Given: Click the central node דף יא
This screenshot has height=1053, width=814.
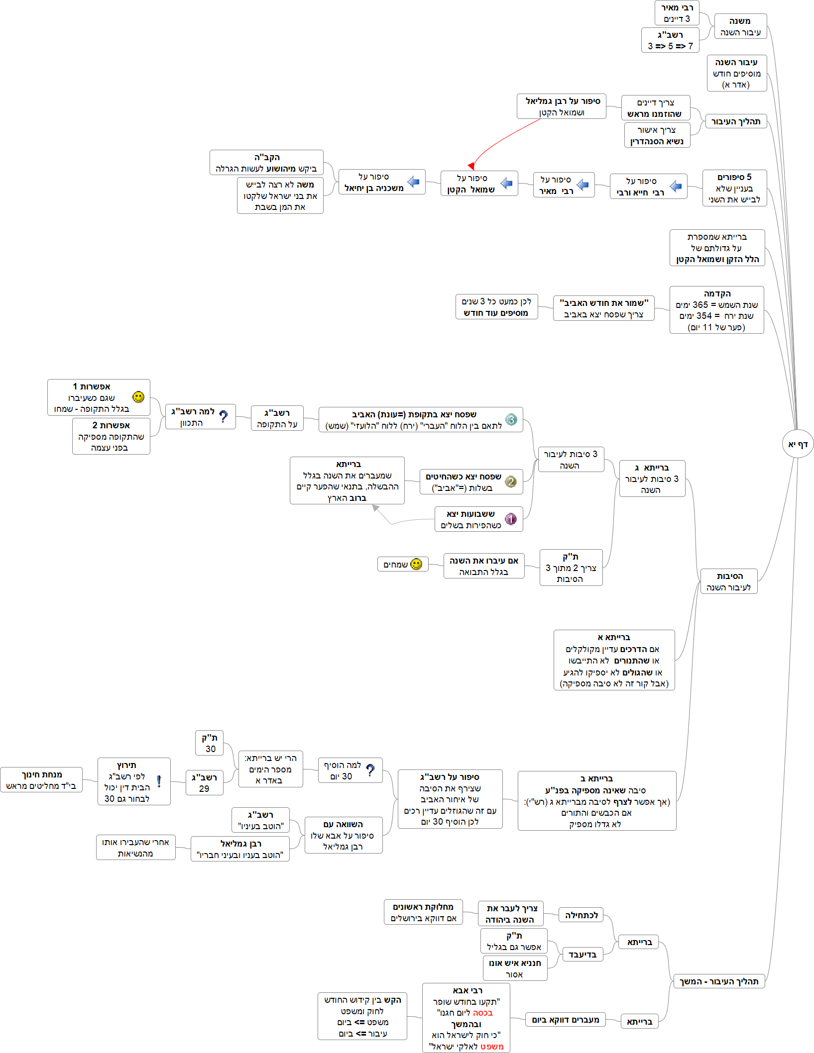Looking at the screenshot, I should click(x=798, y=444).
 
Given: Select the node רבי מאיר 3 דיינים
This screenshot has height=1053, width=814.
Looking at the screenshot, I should click(x=677, y=13).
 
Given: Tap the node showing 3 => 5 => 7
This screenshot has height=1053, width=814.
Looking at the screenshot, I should click(x=670, y=40).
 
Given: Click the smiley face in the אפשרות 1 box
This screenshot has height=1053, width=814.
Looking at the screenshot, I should click(x=138, y=397).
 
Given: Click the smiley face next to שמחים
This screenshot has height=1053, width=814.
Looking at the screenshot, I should click(x=417, y=564).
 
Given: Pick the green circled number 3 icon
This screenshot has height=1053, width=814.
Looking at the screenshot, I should click(x=511, y=420).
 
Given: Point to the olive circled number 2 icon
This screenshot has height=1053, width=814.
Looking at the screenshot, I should click(x=511, y=481).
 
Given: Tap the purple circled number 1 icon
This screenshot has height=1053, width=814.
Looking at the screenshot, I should click(x=511, y=519).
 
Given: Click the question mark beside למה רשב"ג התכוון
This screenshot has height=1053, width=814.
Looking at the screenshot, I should click(x=224, y=416).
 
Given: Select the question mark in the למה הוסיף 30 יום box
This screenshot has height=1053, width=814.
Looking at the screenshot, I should click(x=370, y=770).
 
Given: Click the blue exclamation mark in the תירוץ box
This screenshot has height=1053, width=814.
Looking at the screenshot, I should click(x=159, y=781).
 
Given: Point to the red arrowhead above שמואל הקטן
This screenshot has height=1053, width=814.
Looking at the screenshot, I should click(x=471, y=166).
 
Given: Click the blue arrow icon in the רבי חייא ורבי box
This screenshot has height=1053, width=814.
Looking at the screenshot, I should click(x=676, y=187).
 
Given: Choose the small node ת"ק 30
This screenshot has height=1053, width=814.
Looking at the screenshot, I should click(x=210, y=743).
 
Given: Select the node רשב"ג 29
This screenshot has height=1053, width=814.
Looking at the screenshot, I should click(x=204, y=783).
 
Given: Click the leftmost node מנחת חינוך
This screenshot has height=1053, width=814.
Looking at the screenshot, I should click(x=41, y=780).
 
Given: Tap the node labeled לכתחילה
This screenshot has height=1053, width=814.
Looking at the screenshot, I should click(x=581, y=915).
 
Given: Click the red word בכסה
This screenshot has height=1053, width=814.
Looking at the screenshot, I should click(x=482, y=1013).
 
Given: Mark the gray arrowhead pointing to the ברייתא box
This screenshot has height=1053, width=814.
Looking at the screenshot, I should click(x=375, y=508).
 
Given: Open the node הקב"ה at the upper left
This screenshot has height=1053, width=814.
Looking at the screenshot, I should click(x=266, y=163).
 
